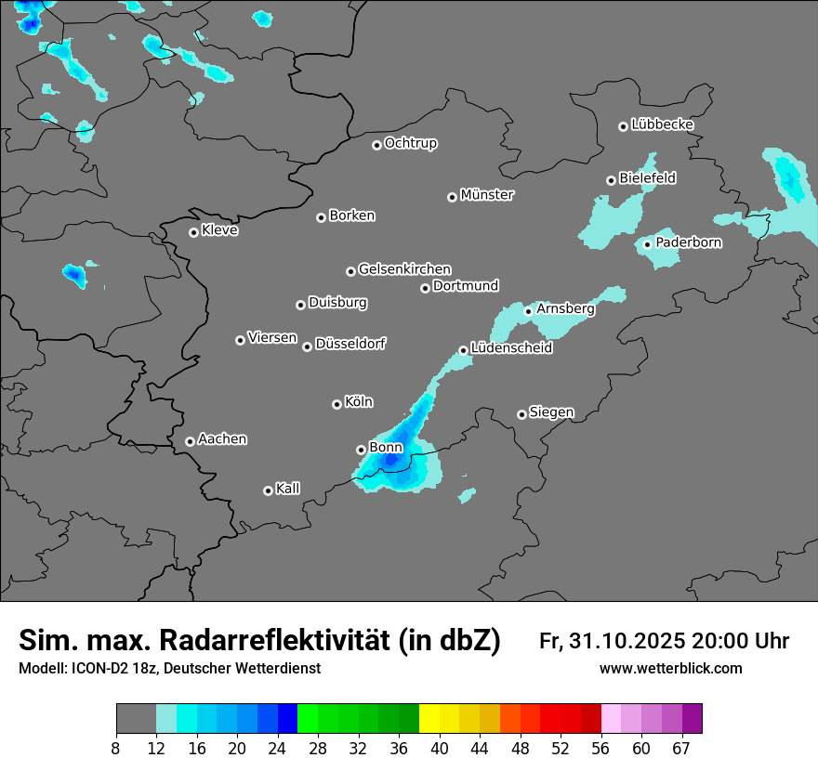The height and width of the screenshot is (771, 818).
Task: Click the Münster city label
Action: [x=487, y=195]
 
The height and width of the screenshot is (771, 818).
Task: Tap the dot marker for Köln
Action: [x=336, y=404]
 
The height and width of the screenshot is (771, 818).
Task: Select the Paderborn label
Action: [x=688, y=242]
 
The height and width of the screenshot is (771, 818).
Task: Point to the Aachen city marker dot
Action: [x=190, y=441]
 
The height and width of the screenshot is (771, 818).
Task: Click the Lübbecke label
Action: [x=662, y=124]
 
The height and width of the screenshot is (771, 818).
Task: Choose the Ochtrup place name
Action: [x=410, y=143]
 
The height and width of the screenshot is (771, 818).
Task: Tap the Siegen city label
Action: [x=551, y=412]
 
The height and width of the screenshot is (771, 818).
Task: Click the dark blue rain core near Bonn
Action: [x=391, y=458]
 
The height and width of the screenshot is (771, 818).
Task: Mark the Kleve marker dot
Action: [x=193, y=232]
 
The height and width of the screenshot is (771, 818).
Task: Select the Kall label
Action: [x=287, y=489]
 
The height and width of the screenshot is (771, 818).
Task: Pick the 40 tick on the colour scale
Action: [x=440, y=747]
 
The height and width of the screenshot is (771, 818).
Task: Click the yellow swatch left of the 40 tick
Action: [x=429, y=718]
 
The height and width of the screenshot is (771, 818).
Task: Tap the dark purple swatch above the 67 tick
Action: [x=692, y=718]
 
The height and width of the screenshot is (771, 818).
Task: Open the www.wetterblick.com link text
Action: [x=670, y=669]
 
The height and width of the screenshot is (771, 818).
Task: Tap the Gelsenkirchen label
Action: [x=404, y=269]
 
